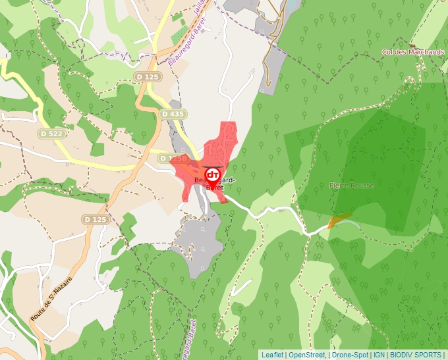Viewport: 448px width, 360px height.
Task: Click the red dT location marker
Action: pyautogui.click(x=213, y=174)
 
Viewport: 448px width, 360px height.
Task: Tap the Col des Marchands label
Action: pyautogui.click(x=413, y=52)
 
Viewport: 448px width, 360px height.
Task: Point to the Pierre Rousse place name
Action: pyautogui.click(x=351, y=186)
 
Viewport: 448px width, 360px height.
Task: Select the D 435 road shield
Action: pyautogui.click(x=172, y=114)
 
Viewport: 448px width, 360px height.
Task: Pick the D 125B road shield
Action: pyautogui.click(x=170, y=159)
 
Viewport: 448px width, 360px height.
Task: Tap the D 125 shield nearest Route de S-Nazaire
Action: pyautogui.click(x=95, y=219)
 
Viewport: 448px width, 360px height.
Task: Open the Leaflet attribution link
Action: pyautogui.click(x=272, y=355)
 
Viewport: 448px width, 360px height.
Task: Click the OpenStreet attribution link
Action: pyautogui.click(x=307, y=355)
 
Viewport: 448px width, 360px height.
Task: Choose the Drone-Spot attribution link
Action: pyautogui.click(x=349, y=355)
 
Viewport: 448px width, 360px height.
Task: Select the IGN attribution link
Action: pyautogui.click(x=379, y=355)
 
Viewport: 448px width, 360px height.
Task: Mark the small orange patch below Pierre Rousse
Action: pyautogui.click(x=339, y=220)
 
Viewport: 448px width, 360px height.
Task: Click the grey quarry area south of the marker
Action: pyautogui.click(x=200, y=244)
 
